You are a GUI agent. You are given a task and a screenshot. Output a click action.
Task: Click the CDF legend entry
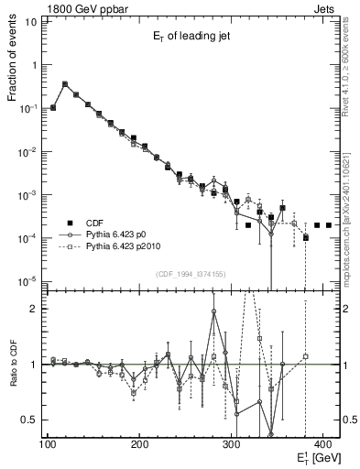94,223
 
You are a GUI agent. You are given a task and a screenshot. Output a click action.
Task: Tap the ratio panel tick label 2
34,309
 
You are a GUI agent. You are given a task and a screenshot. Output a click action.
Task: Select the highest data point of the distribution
65,84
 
